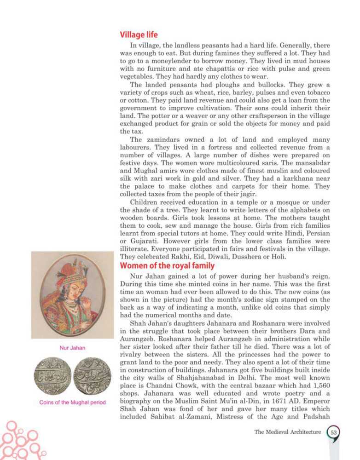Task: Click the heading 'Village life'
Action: pos(139,34)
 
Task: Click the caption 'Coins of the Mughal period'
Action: pos(72,402)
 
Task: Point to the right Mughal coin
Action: pos(92,376)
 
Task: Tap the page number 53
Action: pos(333,432)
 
